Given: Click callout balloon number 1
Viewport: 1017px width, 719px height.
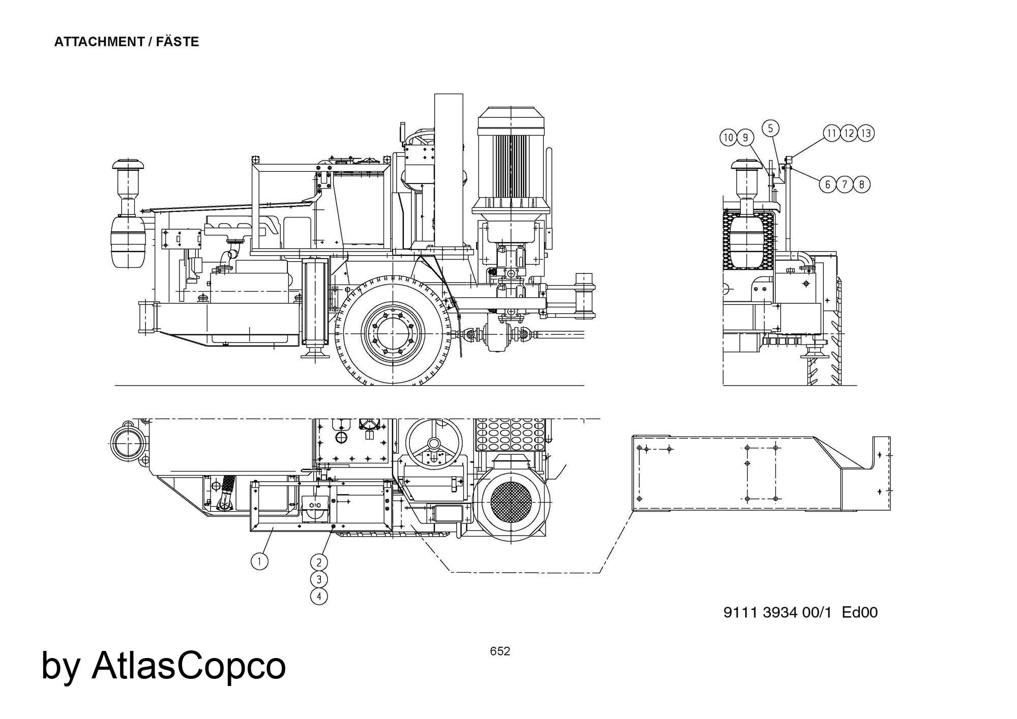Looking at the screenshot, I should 259,561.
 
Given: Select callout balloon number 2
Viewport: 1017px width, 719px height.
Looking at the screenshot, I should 319,562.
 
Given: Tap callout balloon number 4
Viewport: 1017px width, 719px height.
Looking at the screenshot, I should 319,596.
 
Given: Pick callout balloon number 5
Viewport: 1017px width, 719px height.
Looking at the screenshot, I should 770,129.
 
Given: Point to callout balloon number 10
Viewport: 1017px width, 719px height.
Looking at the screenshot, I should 728,137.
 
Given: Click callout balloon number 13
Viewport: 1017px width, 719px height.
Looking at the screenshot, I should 866,133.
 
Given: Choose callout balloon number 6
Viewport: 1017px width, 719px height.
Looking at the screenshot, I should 827,184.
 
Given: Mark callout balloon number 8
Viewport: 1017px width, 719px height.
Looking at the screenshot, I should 861,184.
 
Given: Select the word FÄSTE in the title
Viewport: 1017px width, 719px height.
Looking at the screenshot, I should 177,42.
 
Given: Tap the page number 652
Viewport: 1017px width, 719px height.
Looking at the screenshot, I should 500,651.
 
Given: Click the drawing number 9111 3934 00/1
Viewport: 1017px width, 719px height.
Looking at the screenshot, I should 777,612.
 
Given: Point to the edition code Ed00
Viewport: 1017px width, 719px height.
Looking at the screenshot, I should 860,612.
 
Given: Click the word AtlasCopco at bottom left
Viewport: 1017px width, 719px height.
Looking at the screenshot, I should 188,665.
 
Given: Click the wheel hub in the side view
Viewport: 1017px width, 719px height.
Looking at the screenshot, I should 393,331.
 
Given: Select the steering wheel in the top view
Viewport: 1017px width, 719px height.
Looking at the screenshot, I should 434,443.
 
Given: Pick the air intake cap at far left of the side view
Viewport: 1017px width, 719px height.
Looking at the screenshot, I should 128,166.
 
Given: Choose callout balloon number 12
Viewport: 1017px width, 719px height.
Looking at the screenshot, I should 849,133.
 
